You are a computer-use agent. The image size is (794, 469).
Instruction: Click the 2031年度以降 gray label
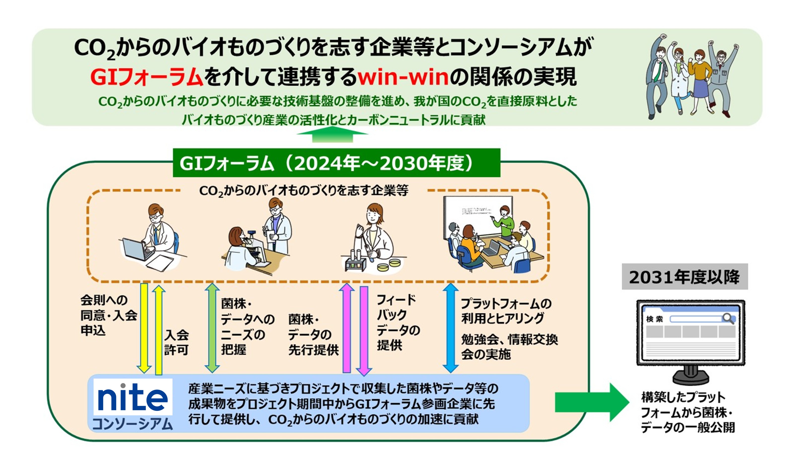pos(685,277)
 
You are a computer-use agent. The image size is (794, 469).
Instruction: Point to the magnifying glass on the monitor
pos(728,318)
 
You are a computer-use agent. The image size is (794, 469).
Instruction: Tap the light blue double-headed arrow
pos(450,328)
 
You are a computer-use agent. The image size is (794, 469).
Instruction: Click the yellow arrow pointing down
pos(144,328)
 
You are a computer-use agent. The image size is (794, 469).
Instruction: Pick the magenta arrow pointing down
pos(364,330)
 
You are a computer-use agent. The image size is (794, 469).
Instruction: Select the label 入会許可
pos(176,343)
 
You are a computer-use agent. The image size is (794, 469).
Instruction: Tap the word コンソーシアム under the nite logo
pos(133,424)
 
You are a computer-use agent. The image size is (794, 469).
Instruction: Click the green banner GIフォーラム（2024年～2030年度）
pos(336,163)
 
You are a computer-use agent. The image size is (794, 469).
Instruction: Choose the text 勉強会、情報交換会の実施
pos(509,347)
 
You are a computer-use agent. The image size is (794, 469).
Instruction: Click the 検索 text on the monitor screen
pos(654,319)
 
